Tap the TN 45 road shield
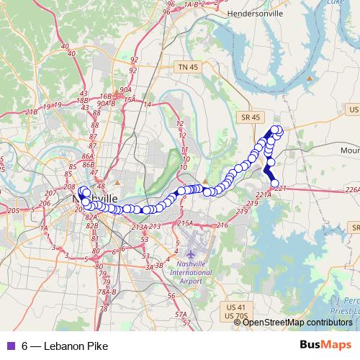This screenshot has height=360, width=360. [186, 67]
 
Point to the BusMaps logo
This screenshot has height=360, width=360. [331, 346]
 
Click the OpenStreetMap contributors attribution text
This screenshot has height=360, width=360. [297, 323]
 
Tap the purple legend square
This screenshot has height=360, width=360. [11, 346]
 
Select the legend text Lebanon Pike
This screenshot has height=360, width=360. [76, 346]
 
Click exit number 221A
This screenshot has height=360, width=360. [264, 194]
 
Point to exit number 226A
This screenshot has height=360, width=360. [352, 189]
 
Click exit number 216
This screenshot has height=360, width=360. [221, 225]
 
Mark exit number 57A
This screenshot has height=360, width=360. [183, 314]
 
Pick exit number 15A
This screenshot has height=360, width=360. [130, 100]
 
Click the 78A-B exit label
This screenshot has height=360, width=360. [108, 292]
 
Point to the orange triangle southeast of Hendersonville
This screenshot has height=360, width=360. [310, 77]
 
